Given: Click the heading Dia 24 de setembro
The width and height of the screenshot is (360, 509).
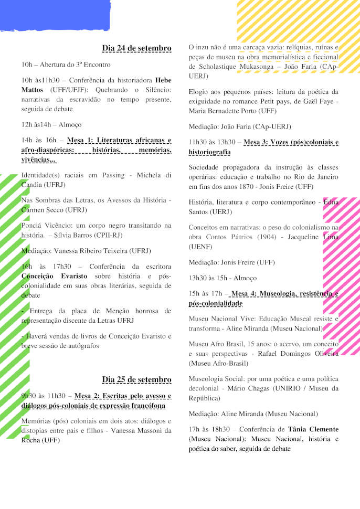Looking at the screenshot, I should pyautogui.click(x=136, y=48).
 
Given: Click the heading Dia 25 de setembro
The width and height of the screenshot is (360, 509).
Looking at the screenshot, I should pyautogui.click(x=136, y=379).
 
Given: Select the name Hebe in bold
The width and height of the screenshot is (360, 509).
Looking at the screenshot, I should pyautogui.click(x=163, y=81).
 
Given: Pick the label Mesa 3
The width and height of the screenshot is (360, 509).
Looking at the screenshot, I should pyautogui.click(x=257, y=142).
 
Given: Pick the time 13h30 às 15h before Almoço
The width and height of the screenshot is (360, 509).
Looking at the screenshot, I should pyautogui.click(x=208, y=278).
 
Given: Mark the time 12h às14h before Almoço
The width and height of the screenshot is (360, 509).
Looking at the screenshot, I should pyautogui.click(x=37, y=125).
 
